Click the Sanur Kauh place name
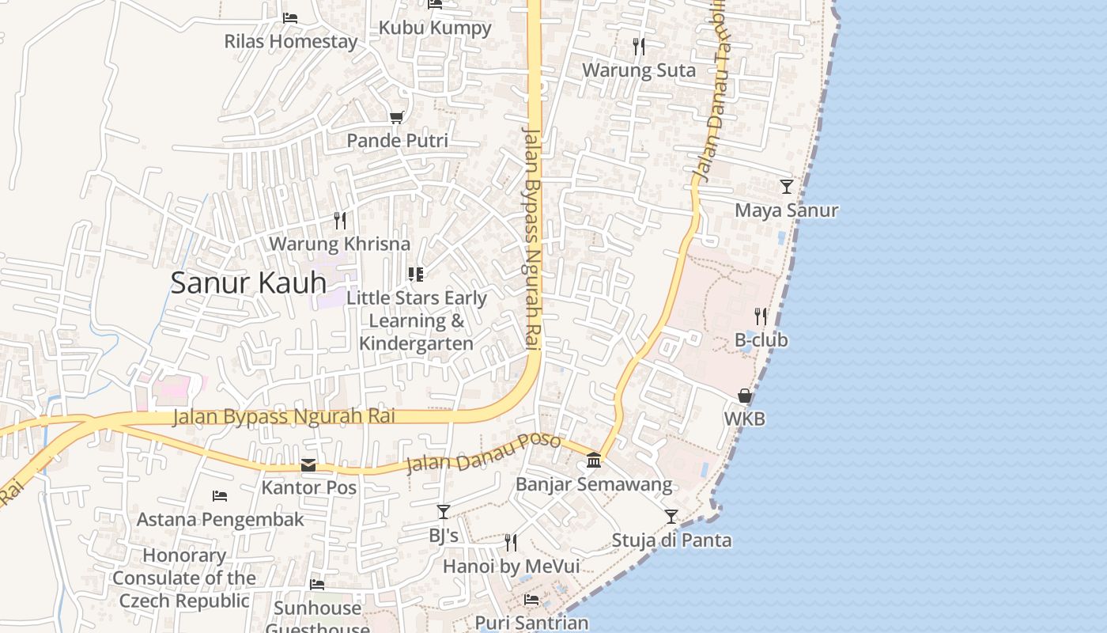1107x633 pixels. tap(248, 282)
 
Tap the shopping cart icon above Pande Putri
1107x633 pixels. tap(397, 117)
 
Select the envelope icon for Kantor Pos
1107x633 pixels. tap(308, 465)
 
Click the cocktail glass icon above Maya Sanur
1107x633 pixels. tap(786, 187)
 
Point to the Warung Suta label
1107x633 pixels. tap(639, 70)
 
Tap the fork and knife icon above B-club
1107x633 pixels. tap(761, 316)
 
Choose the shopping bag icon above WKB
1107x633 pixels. tap(745, 396)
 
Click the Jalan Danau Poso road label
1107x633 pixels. tap(484, 453)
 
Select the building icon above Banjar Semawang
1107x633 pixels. tap(594, 461)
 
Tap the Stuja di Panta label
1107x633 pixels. tap(671, 540)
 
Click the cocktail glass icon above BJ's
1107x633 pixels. tap(444, 512)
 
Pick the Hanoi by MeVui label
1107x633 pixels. tap(511, 567)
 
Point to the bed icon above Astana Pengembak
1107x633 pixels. tap(220, 496)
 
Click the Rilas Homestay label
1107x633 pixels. tap(291, 41)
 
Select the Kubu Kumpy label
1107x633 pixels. tap(435, 28)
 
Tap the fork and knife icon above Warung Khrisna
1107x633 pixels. tap(340, 220)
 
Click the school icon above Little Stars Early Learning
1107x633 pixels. tap(416, 275)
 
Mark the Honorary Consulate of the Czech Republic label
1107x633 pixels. tap(184, 578)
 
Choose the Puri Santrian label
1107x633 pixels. tap(531, 623)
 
